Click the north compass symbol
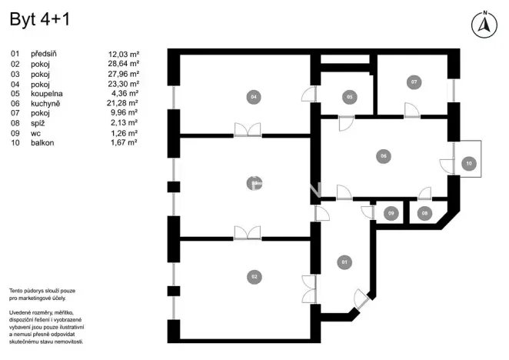coord(484,25)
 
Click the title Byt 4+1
coord(39,21)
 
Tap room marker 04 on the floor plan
coord(252,97)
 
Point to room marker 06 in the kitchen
coord(382,156)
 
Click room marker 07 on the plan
coord(414,81)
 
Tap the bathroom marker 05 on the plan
coord(349,97)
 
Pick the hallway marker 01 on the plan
coord(344,262)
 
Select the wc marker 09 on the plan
coord(391,212)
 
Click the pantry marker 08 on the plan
coord(424,212)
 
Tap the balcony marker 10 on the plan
coord(468,163)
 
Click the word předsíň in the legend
coord(44,54)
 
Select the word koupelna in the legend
coord(47,93)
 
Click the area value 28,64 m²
coord(123,64)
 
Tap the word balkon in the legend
coord(43,142)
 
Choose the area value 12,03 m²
coord(123,54)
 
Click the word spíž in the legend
coord(38,122)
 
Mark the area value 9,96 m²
coord(123,113)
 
